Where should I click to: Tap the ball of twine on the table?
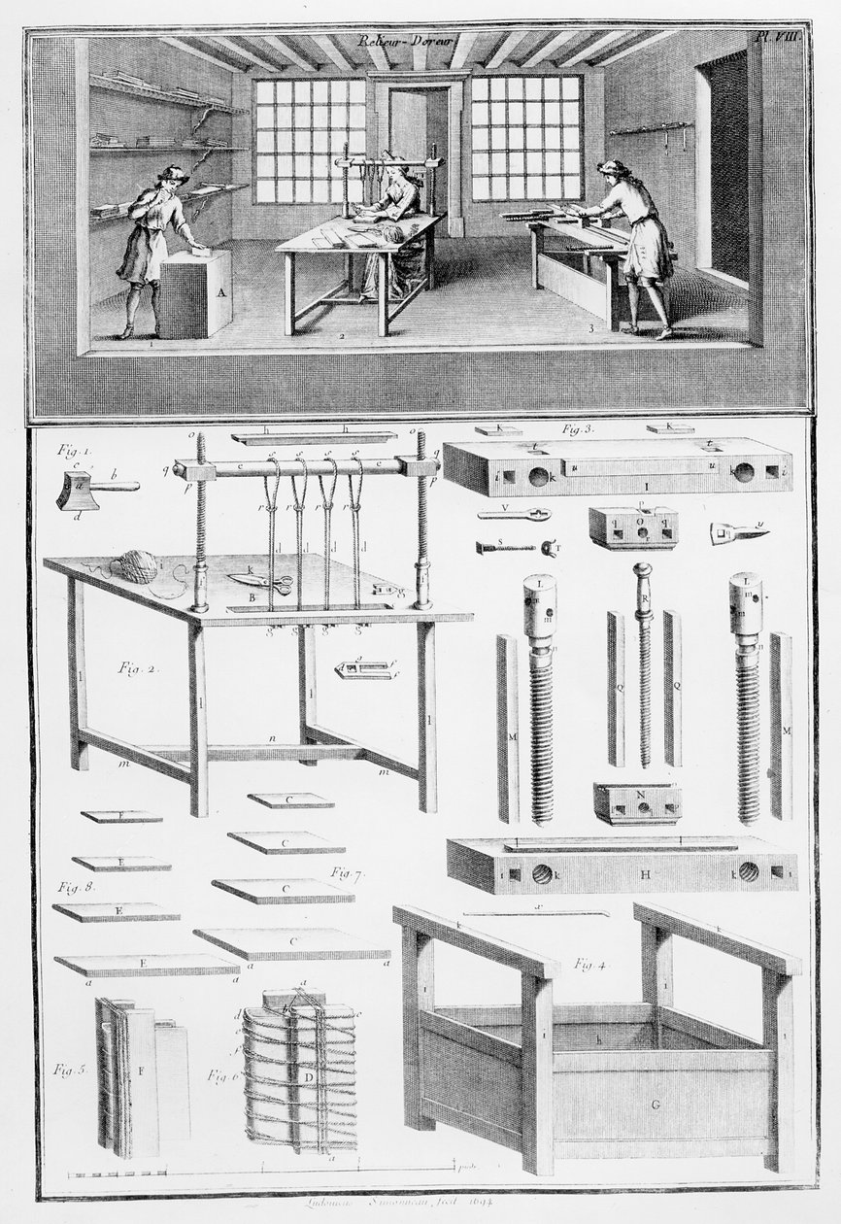click(138, 565)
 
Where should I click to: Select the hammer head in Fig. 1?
click(78, 491)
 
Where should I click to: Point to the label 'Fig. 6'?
click(222, 1074)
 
